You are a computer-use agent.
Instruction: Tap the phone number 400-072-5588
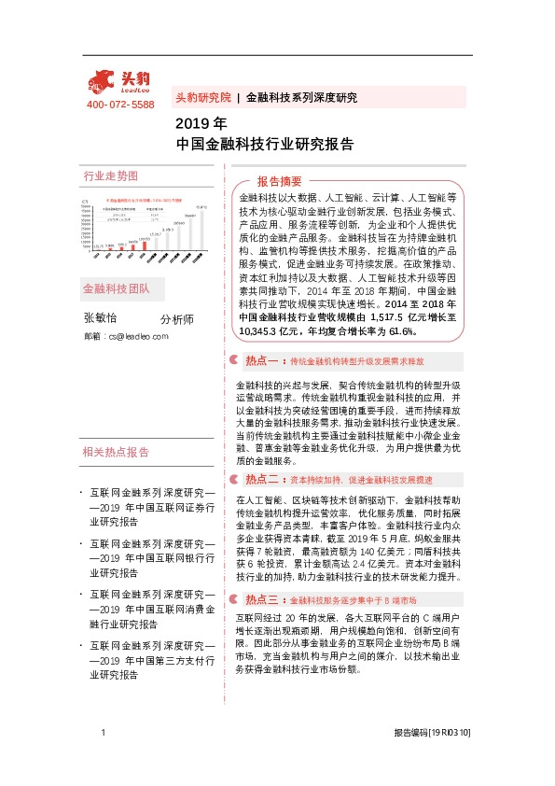(119, 105)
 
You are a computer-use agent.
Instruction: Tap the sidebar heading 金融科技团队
(117, 289)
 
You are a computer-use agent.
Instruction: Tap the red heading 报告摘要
(280, 181)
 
